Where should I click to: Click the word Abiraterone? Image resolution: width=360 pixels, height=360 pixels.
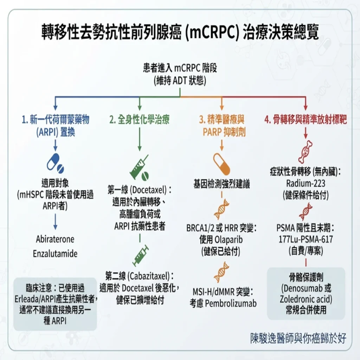tap(55, 239)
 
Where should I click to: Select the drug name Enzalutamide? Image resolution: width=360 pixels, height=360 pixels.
tap(55, 254)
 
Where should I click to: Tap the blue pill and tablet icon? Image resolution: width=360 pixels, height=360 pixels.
tap(55, 163)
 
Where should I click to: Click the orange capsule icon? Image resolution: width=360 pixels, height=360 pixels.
tap(221, 164)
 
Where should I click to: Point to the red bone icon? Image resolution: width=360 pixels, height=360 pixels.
tap(306, 152)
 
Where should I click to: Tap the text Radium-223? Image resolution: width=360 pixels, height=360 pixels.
tap(306, 184)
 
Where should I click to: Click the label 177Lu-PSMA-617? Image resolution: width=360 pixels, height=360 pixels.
tap(306, 239)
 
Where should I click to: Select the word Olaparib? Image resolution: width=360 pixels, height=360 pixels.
tap(228, 240)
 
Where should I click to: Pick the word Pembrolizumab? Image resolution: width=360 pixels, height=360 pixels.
tap(231, 303)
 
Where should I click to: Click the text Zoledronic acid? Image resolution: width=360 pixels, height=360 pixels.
tap(306, 299)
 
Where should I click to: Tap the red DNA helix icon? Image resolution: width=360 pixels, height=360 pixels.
tap(306, 212)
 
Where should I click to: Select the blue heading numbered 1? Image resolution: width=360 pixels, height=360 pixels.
tap(55, 126)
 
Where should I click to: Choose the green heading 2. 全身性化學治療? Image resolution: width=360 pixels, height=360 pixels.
tap(139, 120)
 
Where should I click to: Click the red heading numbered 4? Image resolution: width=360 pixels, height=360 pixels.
tap(306, 120)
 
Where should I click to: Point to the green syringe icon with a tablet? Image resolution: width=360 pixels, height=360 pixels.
tap(139, 167)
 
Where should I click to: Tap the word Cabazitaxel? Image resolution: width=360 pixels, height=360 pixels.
tap(149, 276)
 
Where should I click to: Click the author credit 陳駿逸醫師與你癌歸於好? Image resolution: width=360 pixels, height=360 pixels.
tap(298, 338)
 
